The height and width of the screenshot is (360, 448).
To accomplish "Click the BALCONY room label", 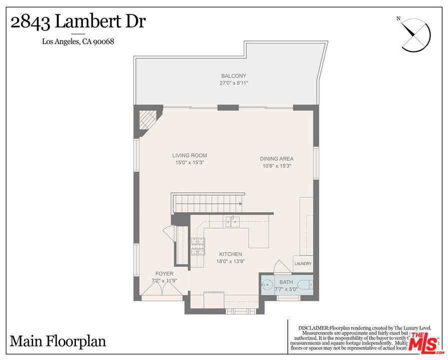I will tap(234, 76).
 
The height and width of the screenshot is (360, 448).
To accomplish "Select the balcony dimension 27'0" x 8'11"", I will tap(234, 83).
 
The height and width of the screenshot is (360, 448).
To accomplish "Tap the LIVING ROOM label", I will tap(189, 155).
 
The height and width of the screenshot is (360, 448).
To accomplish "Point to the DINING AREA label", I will tap(276, 159).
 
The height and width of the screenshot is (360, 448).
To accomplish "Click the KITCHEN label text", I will tap(230, 254).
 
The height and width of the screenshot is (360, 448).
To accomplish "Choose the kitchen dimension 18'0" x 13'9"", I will tap(230, 261).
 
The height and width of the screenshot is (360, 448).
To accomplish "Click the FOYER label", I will tap(164, 274).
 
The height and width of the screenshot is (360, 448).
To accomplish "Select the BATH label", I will tap(286, 282).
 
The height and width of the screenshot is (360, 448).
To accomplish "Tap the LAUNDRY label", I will tap(303, 264).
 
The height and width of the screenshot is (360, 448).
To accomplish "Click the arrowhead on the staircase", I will tap(241, 204).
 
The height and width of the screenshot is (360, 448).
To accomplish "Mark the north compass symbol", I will tap(415, 35).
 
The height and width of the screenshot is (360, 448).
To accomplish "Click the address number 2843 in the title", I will tap(30, 22).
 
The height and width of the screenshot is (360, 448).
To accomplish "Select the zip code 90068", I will tap(105, 42).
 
